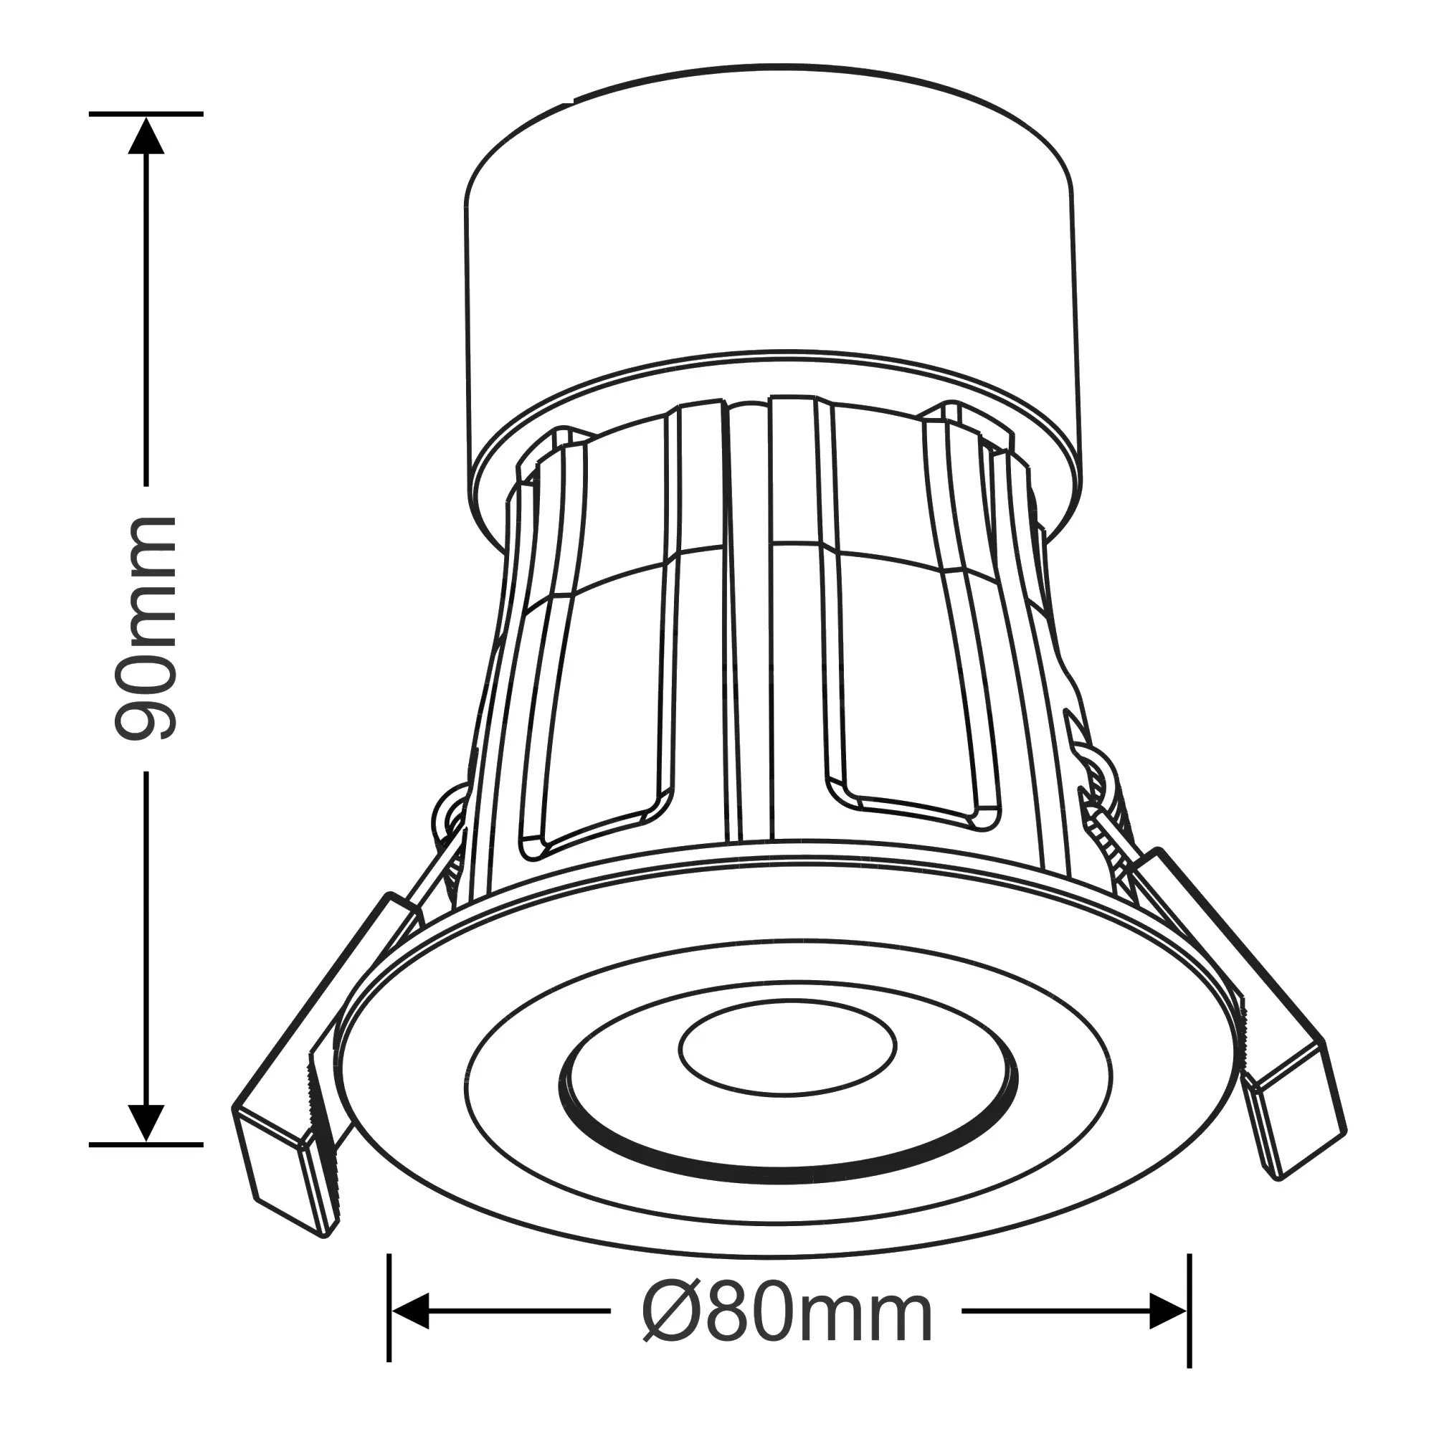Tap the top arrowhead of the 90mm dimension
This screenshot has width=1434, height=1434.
click(146, 138)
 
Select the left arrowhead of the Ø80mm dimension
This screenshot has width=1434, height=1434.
click(410, 1311)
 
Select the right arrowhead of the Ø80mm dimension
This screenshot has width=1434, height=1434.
click(1167, 1311)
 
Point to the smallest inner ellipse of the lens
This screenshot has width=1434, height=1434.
click(787, 1047)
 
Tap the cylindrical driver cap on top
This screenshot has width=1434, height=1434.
click(772, 245)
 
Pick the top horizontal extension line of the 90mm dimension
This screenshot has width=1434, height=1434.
click(146, 114)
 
